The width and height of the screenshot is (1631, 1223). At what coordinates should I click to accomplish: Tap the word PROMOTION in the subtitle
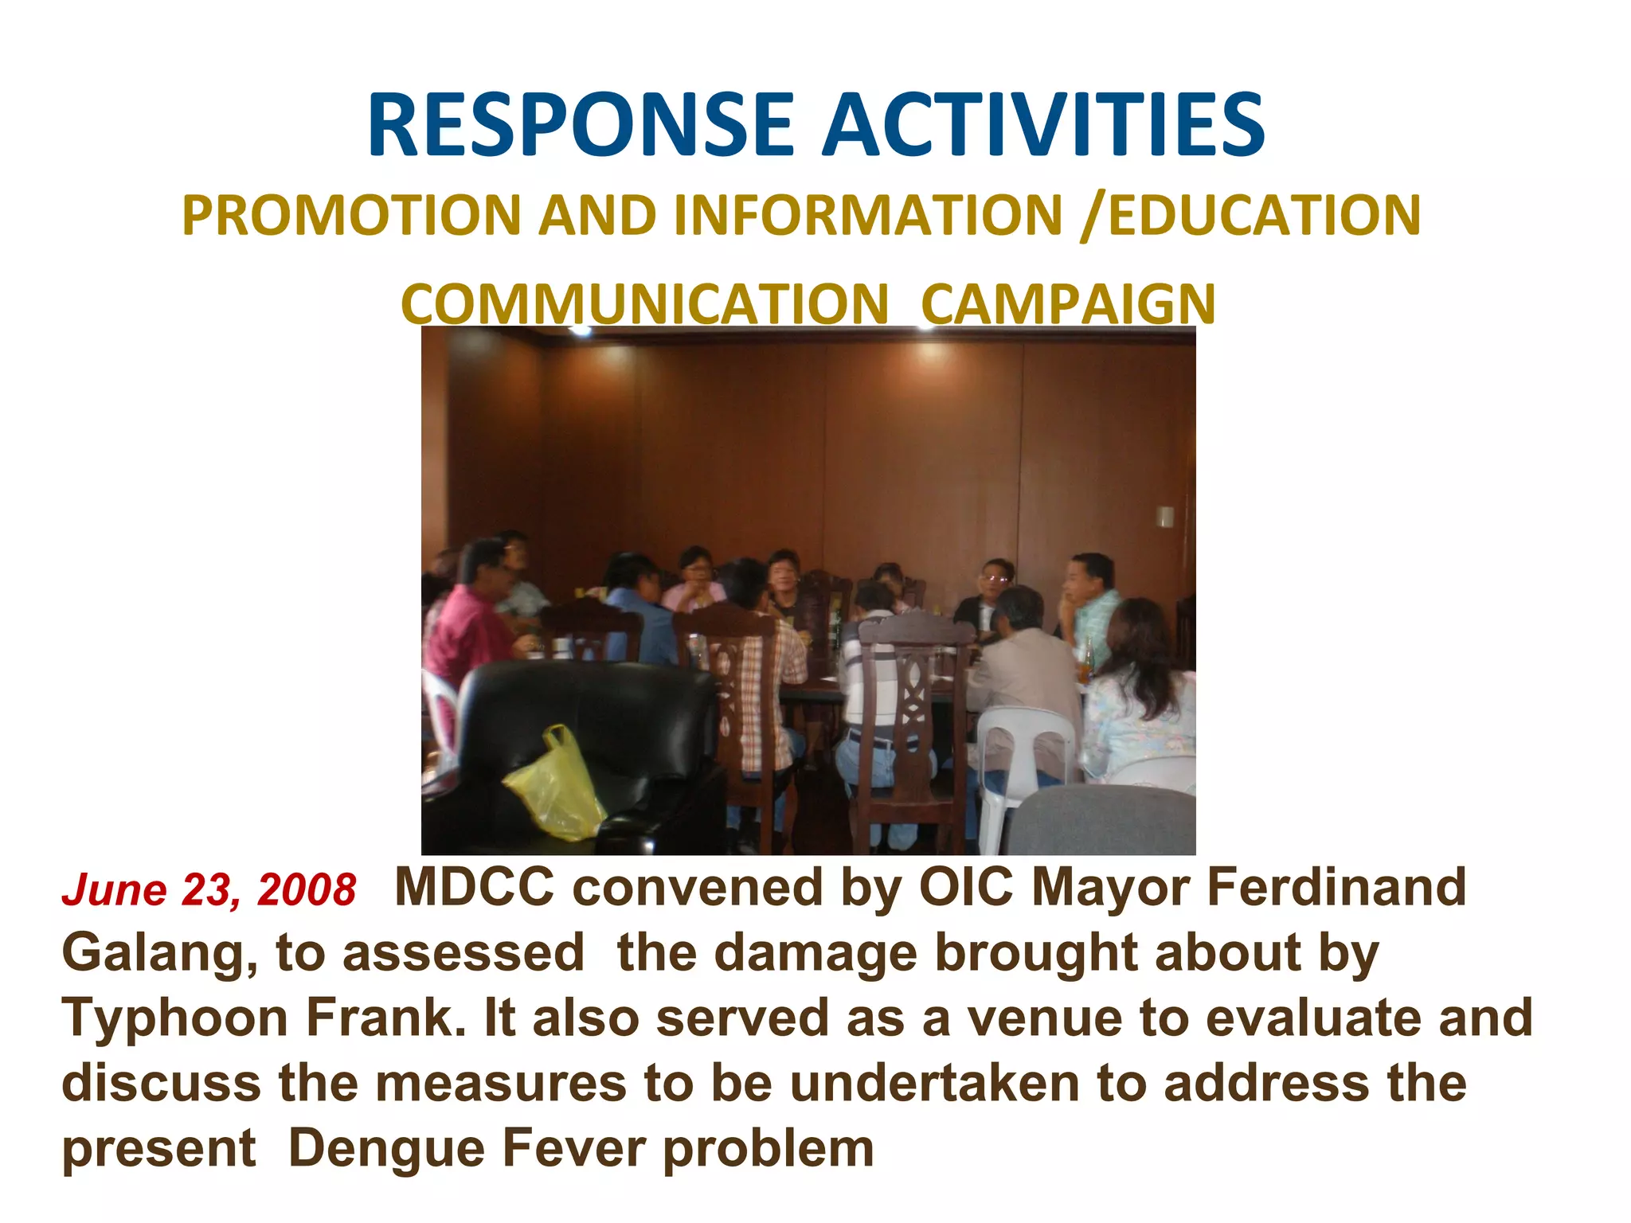[x=351, y=216]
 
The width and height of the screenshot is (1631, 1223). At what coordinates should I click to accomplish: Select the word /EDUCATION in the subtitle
[x=1250, y=216]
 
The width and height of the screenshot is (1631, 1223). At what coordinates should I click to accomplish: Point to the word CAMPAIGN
[x=1068, y=305]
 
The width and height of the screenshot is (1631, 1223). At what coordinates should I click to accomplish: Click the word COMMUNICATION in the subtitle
[x=644, y=305]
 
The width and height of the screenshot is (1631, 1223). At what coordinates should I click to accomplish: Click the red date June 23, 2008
[x=209, y=889]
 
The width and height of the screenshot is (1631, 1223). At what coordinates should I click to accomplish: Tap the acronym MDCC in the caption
[x=474, y=887]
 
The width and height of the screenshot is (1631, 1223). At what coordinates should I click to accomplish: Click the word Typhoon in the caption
[x=174, y=1018]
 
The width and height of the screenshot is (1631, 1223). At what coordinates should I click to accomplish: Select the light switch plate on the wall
[x=1165, y=517]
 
